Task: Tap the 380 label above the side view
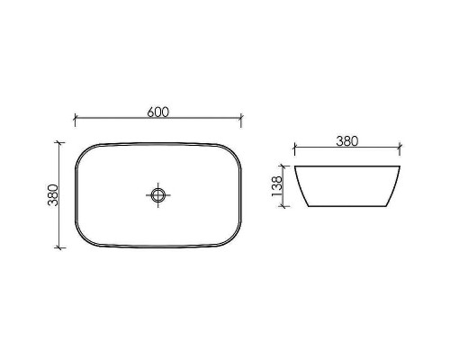(x=346, y=140)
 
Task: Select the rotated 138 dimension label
(x=277, y=185)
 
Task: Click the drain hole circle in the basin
(x=158, y=193)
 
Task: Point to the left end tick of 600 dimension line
(x=74, y=118)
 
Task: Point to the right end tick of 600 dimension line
(x=242, y=118)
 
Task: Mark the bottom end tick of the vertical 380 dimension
(x=60, y=247)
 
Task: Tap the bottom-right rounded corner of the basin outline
(x=235, y=240)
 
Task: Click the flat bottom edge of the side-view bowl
(x=346, y=205)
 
